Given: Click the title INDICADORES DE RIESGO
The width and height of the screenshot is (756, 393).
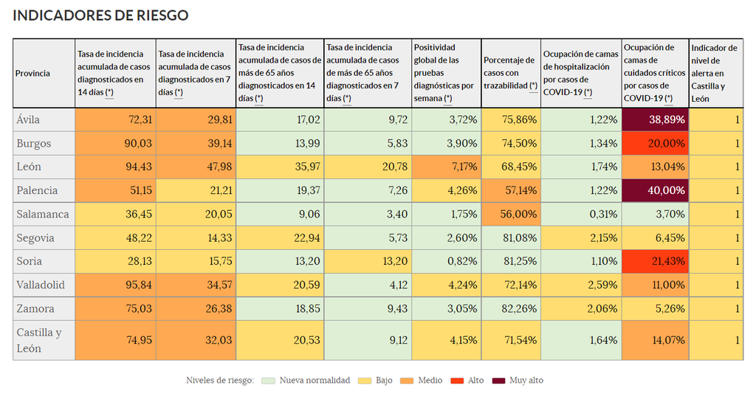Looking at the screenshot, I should (x=101, y=15).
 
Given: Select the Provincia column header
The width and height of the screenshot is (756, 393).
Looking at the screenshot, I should (x=33, y=73).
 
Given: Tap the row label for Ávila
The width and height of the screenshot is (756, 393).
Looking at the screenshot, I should (x=29, y=119).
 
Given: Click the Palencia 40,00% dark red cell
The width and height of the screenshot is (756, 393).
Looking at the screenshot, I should (x=655, y=190).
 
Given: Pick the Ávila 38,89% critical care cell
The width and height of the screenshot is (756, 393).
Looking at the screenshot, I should (x=655, y=119).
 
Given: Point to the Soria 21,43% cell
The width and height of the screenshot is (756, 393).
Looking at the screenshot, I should (x=655, y=261).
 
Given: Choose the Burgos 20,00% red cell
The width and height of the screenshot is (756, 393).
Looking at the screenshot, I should (x=655, y=143).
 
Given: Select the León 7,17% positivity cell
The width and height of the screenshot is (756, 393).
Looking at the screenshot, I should (x=446, y=167).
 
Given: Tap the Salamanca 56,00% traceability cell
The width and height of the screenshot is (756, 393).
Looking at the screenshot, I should (x=510, y=214).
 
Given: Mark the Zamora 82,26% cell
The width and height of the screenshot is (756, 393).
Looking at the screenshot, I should (x=510, y=308).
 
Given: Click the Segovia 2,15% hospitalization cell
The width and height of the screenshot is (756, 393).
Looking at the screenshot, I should (x=581, y=237).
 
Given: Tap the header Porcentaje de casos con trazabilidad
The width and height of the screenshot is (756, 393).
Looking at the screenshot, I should (x=510, y=73).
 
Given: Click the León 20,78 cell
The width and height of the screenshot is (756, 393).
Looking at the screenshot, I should (x=367, y=167).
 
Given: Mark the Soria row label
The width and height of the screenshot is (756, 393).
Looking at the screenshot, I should (x=30, y=261).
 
